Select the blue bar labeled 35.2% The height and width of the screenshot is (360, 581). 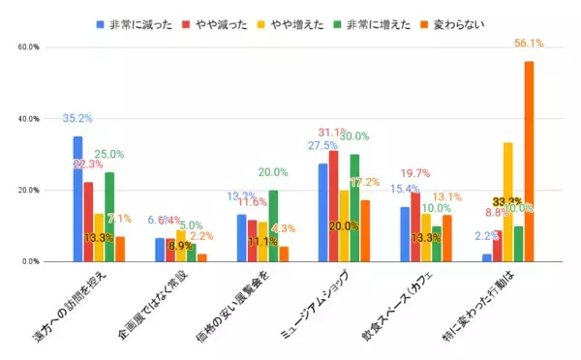click(77, 198)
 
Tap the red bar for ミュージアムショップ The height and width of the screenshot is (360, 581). click(333, 206)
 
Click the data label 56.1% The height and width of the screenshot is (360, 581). click(529, 44)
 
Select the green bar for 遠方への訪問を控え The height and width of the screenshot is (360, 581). click(109, 217)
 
